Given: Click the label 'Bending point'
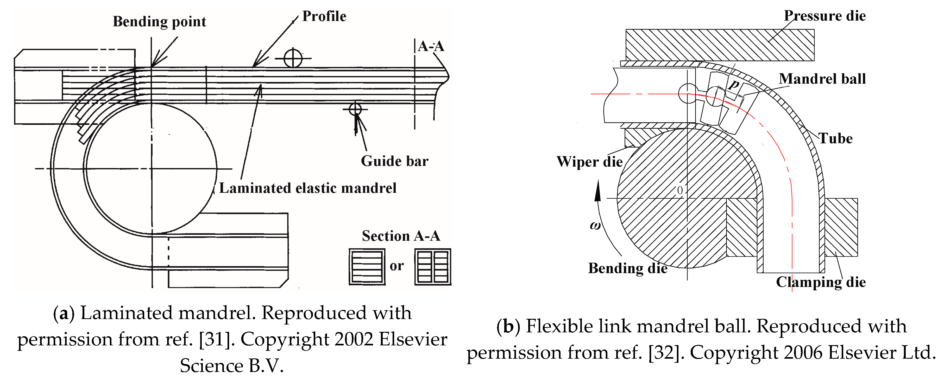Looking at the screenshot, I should point(159,22).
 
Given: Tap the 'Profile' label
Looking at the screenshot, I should point(324,16).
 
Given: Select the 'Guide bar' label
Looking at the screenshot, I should point(394,161).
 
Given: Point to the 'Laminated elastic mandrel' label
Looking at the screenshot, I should point(307,188).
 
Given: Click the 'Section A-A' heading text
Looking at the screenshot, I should point(401,236).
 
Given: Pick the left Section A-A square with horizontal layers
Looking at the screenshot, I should point(367,267).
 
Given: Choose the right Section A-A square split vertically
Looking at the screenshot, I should point(433,267).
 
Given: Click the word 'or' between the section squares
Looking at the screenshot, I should point(397,266).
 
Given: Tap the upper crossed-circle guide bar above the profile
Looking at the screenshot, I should point(293,58).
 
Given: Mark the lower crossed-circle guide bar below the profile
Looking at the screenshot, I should point(355,109).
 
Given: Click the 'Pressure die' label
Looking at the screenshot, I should point(825,16).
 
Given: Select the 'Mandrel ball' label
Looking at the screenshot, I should point(822,79).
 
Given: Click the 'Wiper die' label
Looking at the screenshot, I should point(589,162).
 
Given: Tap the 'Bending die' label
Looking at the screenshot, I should point(627,268).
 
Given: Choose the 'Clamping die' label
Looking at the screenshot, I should point(821,282).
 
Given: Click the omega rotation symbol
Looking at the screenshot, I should point(595,225).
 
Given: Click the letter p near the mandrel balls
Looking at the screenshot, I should point(733,85).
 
